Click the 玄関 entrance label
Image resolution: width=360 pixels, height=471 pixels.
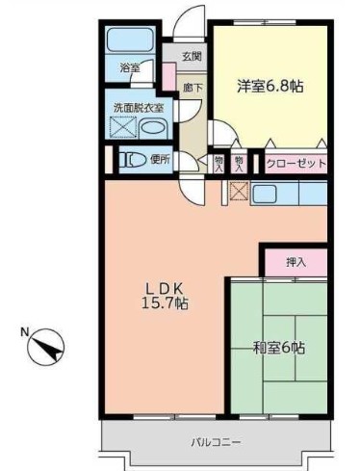pyautogui.click(x=193, y=57)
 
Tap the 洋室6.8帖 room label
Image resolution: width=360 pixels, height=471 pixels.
pyautogui.click(x=270, y=86)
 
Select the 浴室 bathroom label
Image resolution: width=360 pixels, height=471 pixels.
pyautogui.click(x=129, y=68)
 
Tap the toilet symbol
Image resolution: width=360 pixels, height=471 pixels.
pyautogui.click(x=129, y=160)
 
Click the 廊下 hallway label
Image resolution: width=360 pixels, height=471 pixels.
pyautogui.click(x=192, y=87)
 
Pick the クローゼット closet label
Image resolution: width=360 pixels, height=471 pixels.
pyautogui.click(x=296, y=164)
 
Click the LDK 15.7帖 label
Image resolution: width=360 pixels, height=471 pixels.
pyautogui.click(x=165, y=294)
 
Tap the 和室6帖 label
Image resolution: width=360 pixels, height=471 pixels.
pyautogui.click(x=279, y=349)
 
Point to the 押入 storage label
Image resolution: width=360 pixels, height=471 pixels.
pyautogui.click(x=296, y=261)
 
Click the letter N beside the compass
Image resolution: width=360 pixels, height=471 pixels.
pyautogui.click(x=23, y=333)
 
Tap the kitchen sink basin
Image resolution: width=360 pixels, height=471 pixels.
pyautogui.click(x=266, y=193)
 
